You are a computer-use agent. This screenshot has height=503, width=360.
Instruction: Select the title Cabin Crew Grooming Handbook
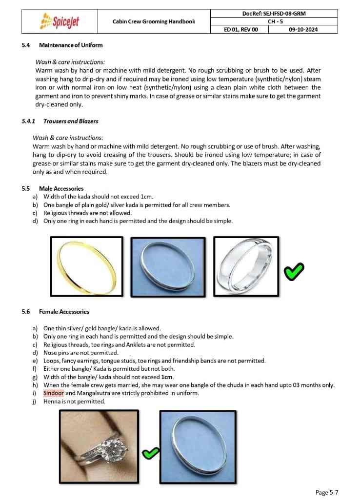[x=154, y=21]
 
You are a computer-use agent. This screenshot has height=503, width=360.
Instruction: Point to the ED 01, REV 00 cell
[x=240, y=29]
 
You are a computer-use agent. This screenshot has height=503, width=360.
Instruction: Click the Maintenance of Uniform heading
[x=71, y=45]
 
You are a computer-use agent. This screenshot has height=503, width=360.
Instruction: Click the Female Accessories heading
[x=64, y=311]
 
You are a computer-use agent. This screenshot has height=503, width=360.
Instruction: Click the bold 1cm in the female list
[x=167, y=377]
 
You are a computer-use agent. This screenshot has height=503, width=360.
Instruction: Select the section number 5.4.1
[x=29, y=121]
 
